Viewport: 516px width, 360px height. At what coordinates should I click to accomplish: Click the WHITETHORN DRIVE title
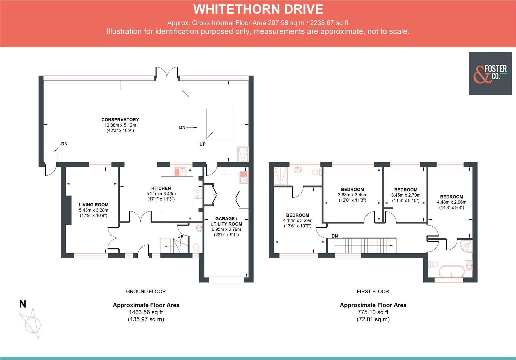(x=258, y=9)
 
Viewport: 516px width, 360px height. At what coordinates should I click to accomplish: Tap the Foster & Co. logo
(x=490, y=74)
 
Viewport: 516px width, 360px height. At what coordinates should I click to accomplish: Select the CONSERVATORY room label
(x=120, y=120)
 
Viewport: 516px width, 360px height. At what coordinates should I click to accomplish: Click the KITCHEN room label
(x=161, y=188)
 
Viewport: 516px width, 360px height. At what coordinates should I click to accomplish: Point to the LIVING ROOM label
(x=93, y=205)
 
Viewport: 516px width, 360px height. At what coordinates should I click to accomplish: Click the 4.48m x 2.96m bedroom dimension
(x=451, y=202)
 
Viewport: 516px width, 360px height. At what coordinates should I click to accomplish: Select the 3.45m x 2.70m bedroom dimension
(x=406, y=195)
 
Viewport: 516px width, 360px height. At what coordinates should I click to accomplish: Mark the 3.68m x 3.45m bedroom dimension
(x=352, y=195)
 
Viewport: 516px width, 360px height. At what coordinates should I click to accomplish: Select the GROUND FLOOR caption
(x=146, y=291)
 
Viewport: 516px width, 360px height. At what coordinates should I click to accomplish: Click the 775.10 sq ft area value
(x=373, y=312)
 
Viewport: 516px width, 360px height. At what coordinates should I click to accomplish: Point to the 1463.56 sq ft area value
(x=146, y=312)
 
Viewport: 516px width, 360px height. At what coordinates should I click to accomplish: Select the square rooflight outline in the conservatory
(x=219, y=124)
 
